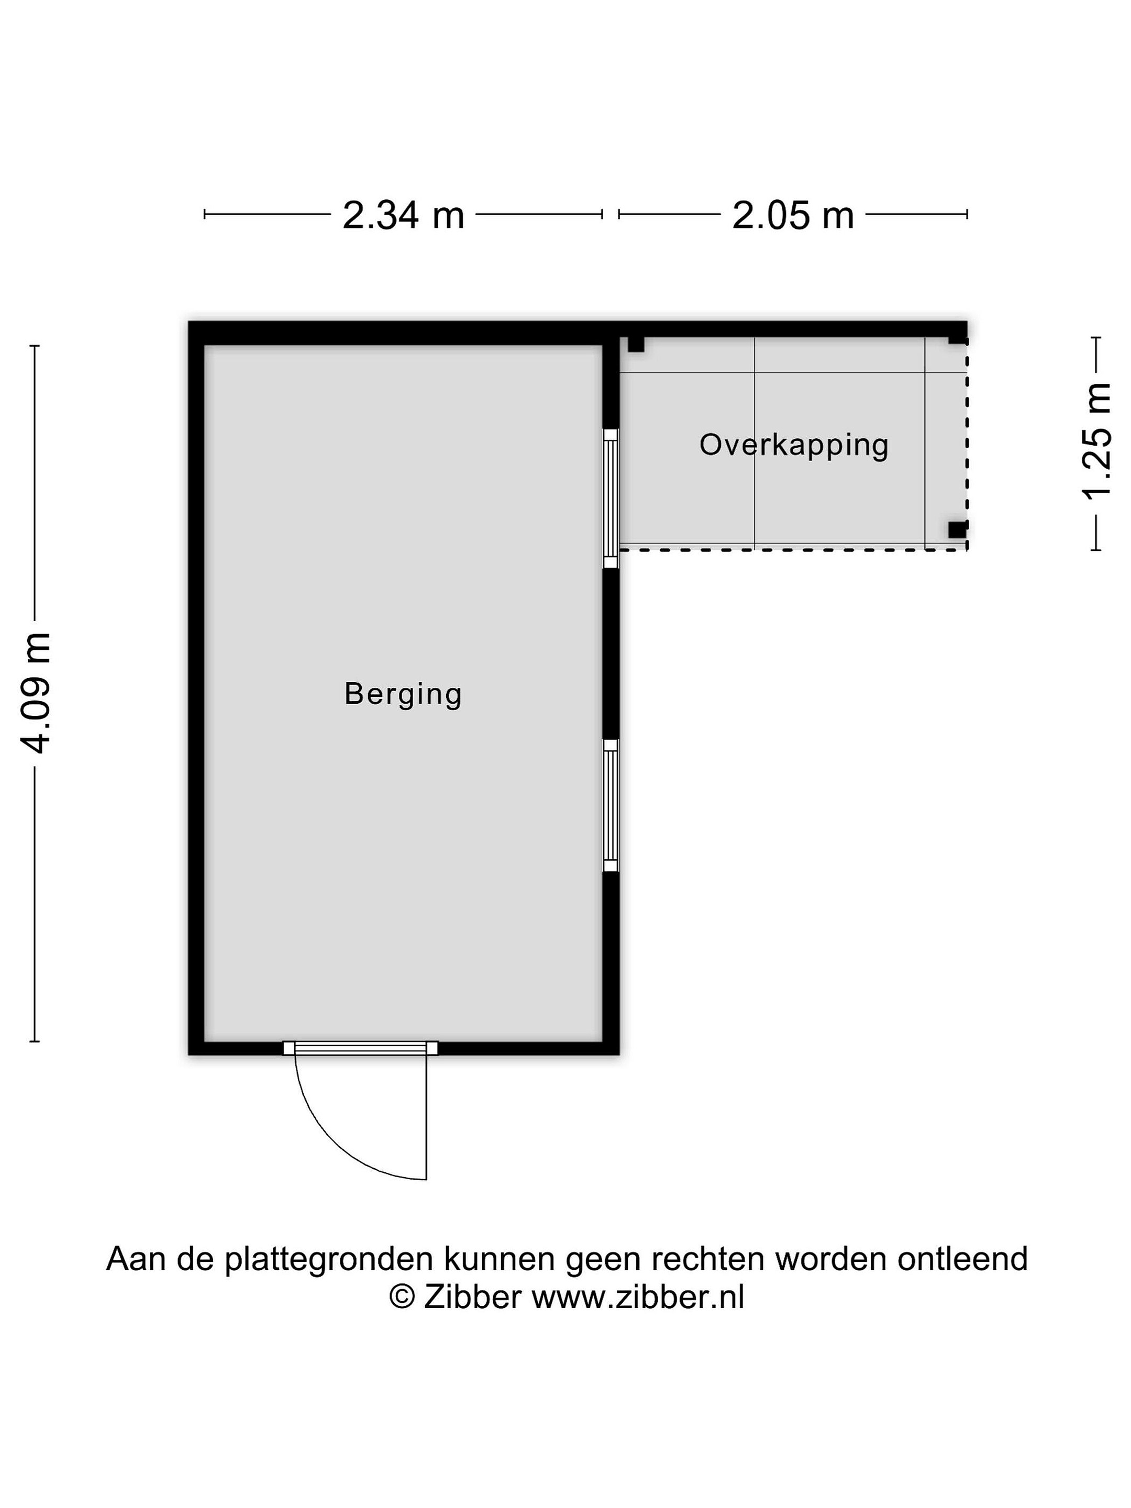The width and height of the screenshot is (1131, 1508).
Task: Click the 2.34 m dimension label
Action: pyautogui.click(x=403, y=215)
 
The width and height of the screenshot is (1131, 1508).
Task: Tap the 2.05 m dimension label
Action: pyautogui.click(x=793, y=215)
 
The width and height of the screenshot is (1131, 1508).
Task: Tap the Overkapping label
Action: pyautogui.click(x=794, y=445)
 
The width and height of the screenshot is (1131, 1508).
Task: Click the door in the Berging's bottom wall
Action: pyautogui.click(x=360, y=1048)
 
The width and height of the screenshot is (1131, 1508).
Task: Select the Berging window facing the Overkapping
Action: pyautogui.click(x=611, y=498)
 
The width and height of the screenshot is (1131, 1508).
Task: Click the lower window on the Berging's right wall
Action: pyautogui.click(x=611, y=806)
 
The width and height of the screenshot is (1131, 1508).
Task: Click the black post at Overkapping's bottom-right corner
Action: pyautogui.click(x=957, y=529)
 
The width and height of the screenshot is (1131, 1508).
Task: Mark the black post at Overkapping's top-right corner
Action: pyautogui.click(x=958, y=336)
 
